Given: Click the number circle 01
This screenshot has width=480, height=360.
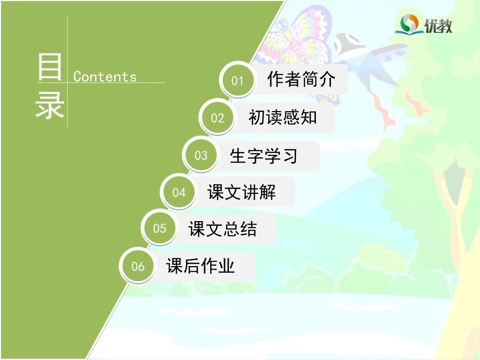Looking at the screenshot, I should [x=237, y=80].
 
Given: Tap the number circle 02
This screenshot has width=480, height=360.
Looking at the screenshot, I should [x=217, y=118].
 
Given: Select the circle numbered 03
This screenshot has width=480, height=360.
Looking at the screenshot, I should [x=201, y=155].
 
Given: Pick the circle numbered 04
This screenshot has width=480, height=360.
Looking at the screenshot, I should [x=179, y=192].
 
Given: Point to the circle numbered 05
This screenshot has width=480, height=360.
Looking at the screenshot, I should [x=160, y=229].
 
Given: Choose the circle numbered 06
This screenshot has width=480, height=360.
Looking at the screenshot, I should [x=138, y=266].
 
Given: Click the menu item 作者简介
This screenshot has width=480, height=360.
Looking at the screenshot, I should [x=301, y=79].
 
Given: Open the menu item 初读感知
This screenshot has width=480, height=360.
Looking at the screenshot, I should [x=282, y=118].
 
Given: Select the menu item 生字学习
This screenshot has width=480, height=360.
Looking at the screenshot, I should [x=263, y=156].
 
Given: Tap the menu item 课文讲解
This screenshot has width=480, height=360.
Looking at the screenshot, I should [x=242, y=192].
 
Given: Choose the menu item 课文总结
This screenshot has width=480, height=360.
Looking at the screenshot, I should [x=222, y=229].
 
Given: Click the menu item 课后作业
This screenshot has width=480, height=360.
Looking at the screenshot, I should [x=201, y=266].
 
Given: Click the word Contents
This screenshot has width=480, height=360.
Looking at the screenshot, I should [x=105, y=77].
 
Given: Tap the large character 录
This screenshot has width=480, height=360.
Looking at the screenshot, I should [x=50, y=106].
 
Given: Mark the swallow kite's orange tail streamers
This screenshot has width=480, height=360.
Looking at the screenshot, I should [x=399, y=106].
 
